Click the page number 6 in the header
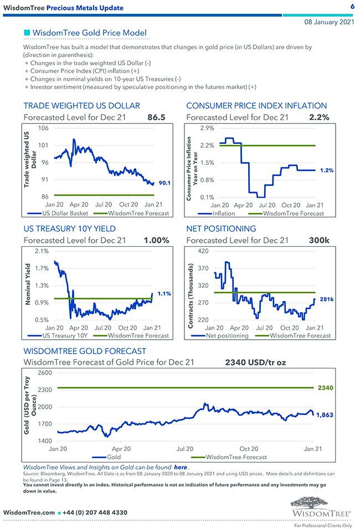tap(352, 6)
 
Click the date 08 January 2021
tap(330, 22)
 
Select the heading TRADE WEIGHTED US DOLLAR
tap(81, 106)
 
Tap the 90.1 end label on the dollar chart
tap(164, 182)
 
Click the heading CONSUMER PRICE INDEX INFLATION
tap(256, 106)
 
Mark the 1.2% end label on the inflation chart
tap(327, 170)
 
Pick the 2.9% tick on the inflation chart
tap(207, 128)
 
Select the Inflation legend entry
tap(224, 212)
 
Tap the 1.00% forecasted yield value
tap(156, 240)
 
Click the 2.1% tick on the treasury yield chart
tap(42, 251)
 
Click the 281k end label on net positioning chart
tap(327, 299)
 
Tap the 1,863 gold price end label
tap(324, 414)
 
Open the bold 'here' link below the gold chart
tap(181, 467)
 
